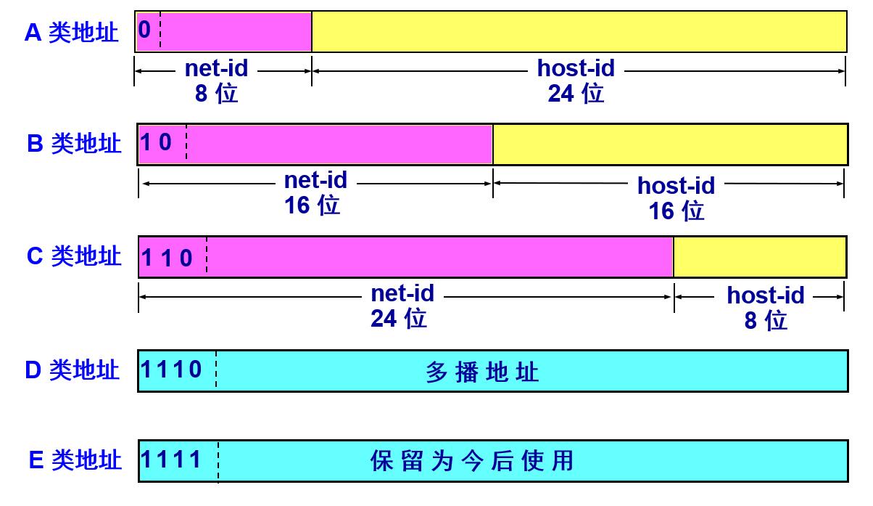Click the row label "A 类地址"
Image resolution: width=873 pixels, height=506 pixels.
point(71,33)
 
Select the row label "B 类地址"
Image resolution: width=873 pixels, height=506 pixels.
point(74,143)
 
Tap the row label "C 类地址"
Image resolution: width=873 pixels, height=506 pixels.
point(74,256)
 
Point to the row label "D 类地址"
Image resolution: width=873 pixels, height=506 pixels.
point(72,370)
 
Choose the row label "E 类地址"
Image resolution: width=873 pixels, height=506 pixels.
point(75,460)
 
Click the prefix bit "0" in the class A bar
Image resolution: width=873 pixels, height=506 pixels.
point(144,29)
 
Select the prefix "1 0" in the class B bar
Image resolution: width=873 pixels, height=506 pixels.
point(156,142)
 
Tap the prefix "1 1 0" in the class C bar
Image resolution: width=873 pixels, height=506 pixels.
point(167,258)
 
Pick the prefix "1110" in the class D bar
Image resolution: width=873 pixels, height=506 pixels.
point(171,369)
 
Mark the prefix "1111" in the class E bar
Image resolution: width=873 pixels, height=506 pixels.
point(171,460)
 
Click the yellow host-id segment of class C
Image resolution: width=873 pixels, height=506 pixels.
point(760,257)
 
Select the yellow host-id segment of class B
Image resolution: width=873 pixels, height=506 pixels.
point(670,144)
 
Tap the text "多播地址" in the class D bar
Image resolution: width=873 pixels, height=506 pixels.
point(482,372)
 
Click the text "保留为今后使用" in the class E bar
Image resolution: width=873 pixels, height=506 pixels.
point(472,461)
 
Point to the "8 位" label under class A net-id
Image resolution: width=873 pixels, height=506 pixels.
point(216,94)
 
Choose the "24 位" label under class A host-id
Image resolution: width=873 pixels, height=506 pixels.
point(576,94)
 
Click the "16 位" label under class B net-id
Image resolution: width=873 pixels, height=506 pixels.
point(313,205)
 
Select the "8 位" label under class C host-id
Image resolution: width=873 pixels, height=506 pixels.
point(766,321)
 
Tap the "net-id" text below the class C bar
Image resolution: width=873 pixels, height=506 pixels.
point(402,293)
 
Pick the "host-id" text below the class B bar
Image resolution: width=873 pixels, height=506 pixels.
point(677,185)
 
